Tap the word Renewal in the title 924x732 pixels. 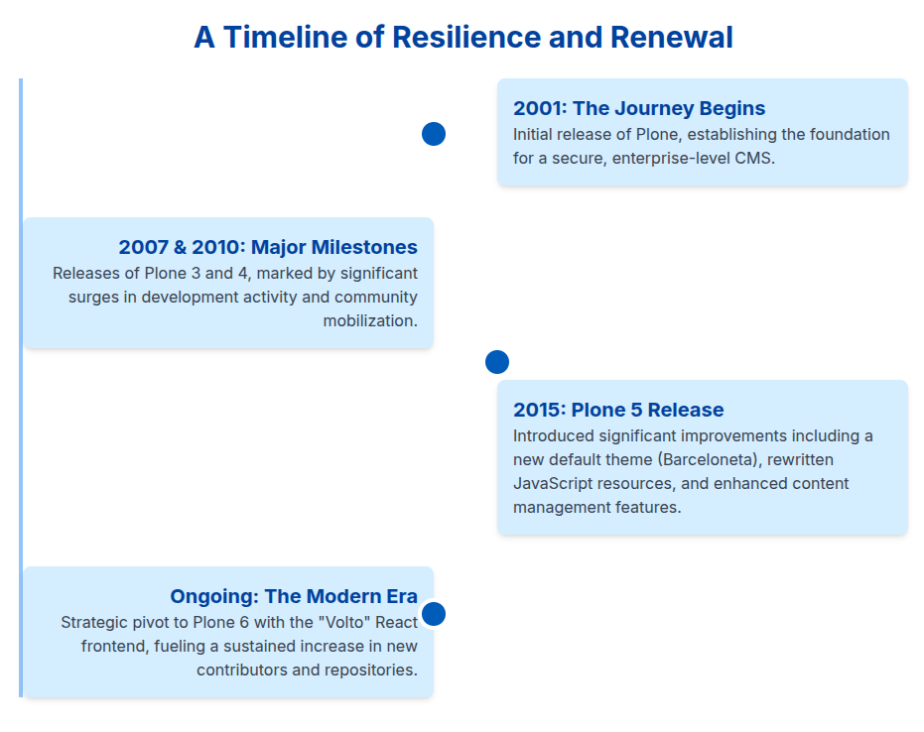672,38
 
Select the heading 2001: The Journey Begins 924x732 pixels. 639,108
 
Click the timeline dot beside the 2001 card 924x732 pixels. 434,134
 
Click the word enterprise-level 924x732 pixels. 663,158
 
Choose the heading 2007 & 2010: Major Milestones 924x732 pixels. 268,247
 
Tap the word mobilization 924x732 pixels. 370,320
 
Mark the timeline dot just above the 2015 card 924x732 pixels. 497,362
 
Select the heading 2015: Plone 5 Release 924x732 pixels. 618,410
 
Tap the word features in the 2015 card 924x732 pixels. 646,507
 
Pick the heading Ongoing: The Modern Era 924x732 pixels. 294,596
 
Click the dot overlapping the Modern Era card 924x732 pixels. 434,614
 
